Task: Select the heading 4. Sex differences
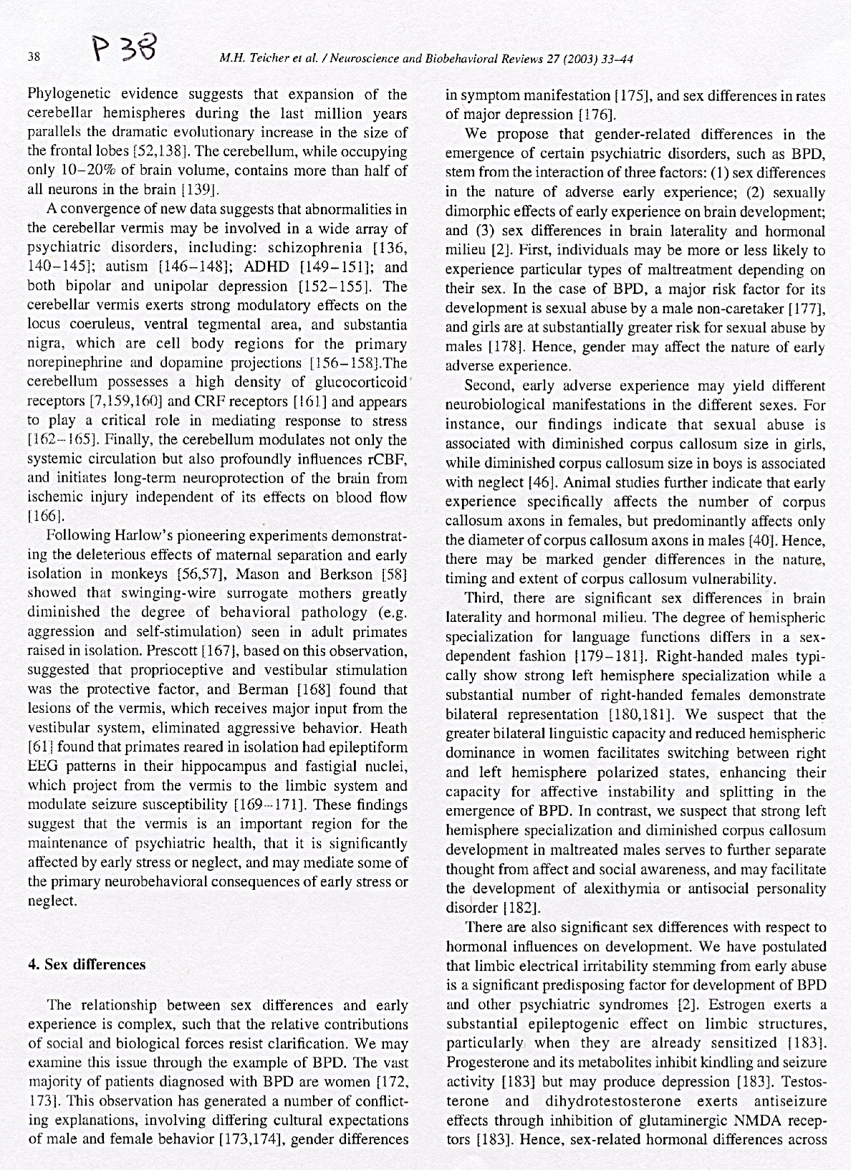pyautogui.click(x=86, y=964)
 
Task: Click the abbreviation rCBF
pyautogui.click(x=388, y=459)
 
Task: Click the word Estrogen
pyautogui.click(x=725, y=1004)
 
